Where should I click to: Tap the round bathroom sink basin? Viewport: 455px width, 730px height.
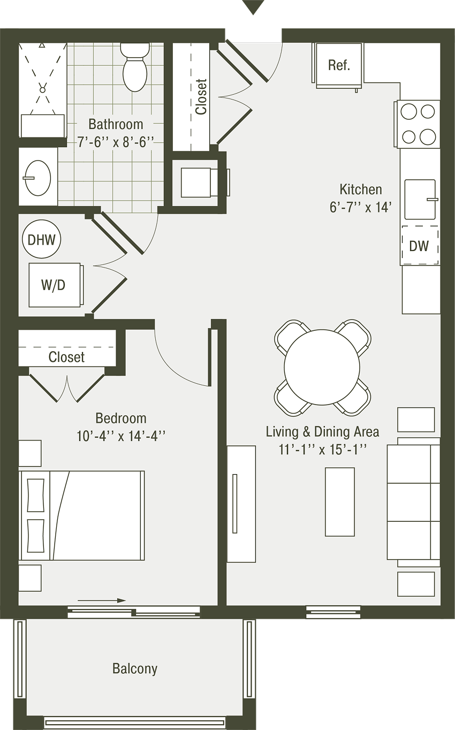coord(37,178)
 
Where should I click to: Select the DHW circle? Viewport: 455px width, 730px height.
coord(41,240)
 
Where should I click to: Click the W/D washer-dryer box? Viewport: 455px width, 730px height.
coord(55,285)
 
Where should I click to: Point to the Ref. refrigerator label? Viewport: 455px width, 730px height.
coord(339,65)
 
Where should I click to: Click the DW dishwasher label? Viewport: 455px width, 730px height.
coord(419,246)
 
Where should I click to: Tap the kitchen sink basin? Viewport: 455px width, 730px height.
coord(420,199)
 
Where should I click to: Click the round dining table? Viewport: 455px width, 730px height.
coord(322,367)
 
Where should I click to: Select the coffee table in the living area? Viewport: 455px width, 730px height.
coord(339,502)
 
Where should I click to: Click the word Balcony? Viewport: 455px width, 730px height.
coord(135,668)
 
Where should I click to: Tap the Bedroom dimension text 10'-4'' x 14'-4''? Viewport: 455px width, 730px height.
coord(121,436)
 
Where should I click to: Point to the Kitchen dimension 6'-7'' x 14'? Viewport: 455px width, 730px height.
coord(360,207)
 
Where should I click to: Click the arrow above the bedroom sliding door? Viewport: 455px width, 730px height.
coord(102,600)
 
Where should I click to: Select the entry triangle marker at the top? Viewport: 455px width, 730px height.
coord(253,6)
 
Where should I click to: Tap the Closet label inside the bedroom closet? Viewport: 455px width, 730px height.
coord(66,357)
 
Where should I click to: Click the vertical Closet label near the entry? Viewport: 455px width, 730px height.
coord(201,97)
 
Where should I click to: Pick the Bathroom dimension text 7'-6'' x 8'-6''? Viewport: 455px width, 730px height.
coord(116,142)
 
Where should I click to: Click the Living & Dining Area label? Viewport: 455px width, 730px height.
coord(322,432)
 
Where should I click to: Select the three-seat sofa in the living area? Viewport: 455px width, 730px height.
coord(414,502)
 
